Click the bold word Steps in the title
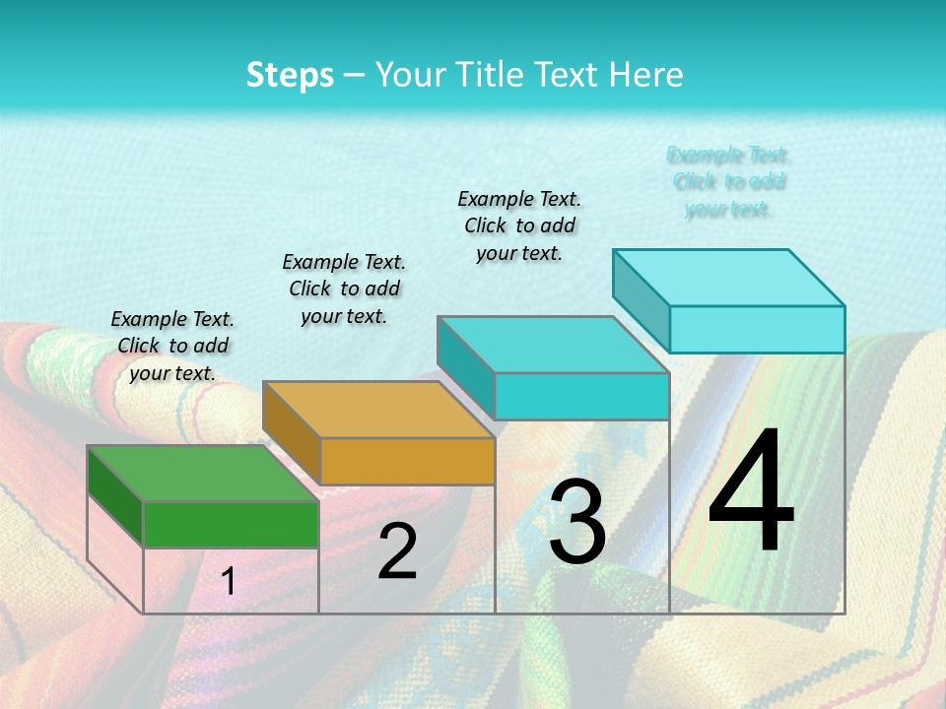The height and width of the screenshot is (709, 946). point(290,75)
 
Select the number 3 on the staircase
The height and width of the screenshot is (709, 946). point(577,522)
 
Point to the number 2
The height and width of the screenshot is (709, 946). point(397,551)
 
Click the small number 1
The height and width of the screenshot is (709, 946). point(228,581)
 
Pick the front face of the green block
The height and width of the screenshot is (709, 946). point(231,524)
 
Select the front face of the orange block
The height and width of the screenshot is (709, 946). point(407,461)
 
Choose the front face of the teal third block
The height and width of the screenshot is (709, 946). point(581,396)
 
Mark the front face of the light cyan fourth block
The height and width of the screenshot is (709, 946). point(757,329)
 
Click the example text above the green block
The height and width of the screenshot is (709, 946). point(172,346)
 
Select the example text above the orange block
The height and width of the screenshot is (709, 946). point(344,289)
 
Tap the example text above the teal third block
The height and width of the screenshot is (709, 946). point(519,226)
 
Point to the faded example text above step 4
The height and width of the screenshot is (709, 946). point(728,182)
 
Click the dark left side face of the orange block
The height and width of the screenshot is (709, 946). point(292,431)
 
